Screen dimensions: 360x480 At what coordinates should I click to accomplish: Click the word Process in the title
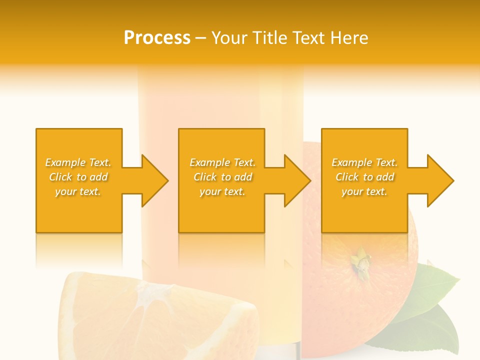pyautogui.click(x=157, y=38)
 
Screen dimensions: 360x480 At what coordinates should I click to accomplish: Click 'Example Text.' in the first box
pyautogui.click(x=78, y=162)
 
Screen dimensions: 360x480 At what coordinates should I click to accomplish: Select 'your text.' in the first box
pyautogui.click(x=78, y=191)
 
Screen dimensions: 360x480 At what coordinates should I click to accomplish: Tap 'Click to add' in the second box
pyautogui.click(x=222, y=177)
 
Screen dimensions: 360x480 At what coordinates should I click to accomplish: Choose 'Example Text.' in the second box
pyautogui.click(x=222, y=162)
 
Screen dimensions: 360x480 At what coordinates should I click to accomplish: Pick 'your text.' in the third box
pyautogui.click(x=364, y=191)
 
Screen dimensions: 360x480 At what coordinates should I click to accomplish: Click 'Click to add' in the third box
pyautogui.click(x=364, y=177)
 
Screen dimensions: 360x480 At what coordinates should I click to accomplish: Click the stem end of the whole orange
pyautogui.click(x=361, y=261)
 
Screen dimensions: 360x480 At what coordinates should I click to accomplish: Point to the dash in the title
pyautogui.click(x=200, y=38)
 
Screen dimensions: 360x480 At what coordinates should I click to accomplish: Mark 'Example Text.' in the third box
pyautogui.click(x=364, y=162)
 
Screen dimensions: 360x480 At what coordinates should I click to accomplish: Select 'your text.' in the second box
pyautogui.click(x=222, y=191)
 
